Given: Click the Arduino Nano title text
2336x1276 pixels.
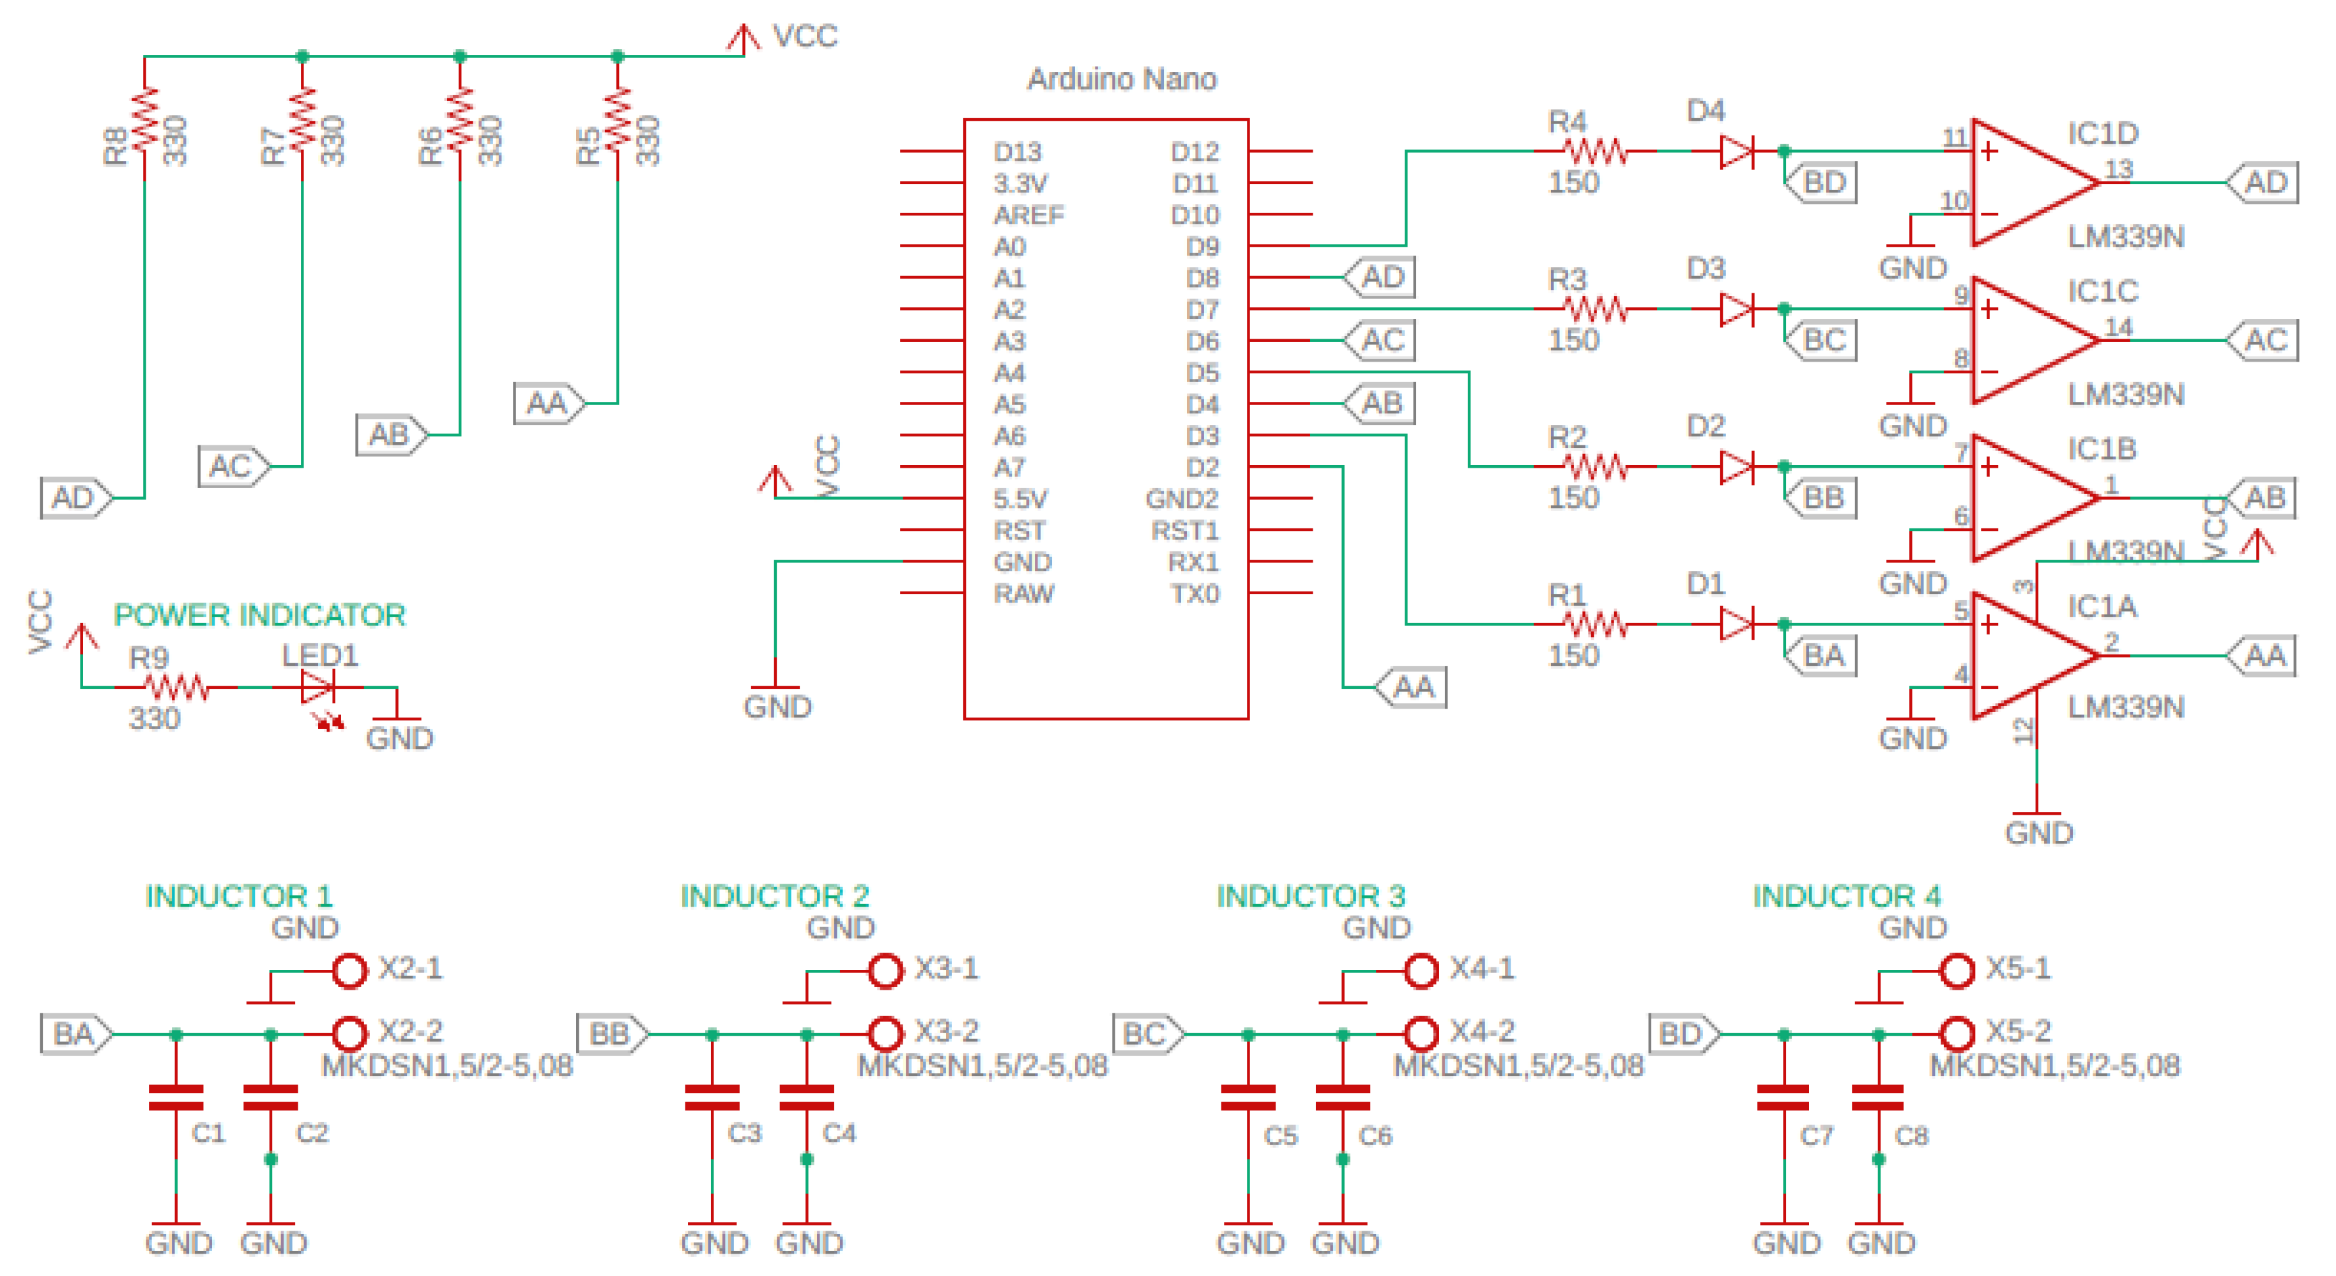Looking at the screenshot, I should [1121, 80].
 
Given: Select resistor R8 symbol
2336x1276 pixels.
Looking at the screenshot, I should [145, 127].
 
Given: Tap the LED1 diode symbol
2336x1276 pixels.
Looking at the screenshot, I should [318, 688].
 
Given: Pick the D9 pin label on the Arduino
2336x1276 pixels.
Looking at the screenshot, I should [1202, 247].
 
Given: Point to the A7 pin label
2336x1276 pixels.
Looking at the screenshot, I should [1009, 468].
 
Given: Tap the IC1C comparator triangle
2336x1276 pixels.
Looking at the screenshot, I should [2031, 340].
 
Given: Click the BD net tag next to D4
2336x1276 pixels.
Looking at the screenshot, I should [1821, 182].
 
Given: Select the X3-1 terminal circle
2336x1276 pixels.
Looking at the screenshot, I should [885, 971].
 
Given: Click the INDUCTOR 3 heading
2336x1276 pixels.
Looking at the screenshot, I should [1309, 896].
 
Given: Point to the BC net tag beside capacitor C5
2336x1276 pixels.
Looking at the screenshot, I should [1146, 1034].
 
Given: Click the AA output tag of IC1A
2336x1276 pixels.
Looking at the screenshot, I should [2263, 656].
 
